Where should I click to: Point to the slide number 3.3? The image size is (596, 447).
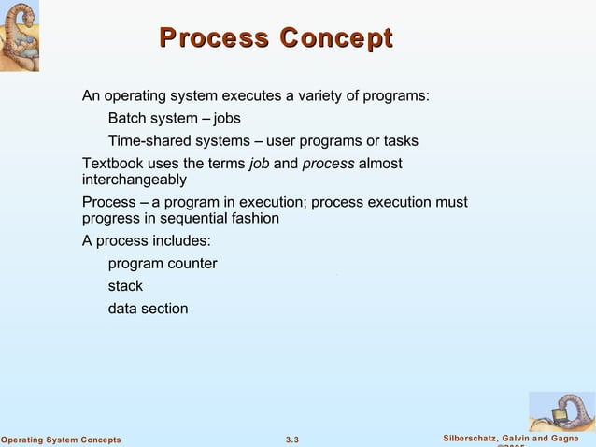[291, 440]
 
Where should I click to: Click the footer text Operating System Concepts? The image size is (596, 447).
[61, 440]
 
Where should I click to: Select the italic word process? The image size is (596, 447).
[328, 164]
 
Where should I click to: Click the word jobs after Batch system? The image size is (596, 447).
[227, 119]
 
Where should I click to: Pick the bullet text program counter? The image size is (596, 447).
[163, 264]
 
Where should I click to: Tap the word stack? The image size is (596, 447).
[125, 286]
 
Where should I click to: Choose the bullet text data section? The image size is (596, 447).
[148, 309]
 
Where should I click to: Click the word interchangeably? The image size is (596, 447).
[135, 179]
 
